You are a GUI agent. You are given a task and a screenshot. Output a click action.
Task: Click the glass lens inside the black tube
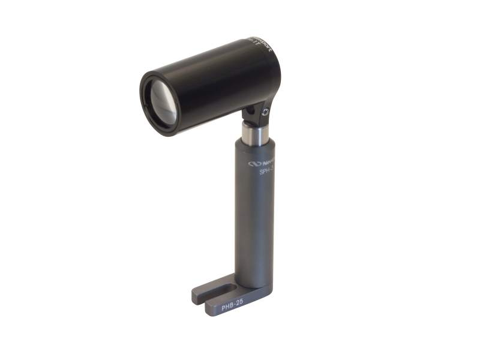(x=160, y=102)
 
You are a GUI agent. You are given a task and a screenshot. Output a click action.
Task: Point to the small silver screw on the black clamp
(x=266, y=112)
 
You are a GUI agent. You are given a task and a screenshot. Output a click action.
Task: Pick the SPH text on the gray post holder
(x=266, y=172)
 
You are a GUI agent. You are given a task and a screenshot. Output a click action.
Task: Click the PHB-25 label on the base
(x=232, y=304)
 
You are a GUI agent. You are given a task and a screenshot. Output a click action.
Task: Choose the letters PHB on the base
(x=226, y=305)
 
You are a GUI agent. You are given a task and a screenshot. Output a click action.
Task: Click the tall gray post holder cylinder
(x=255, y=216)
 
